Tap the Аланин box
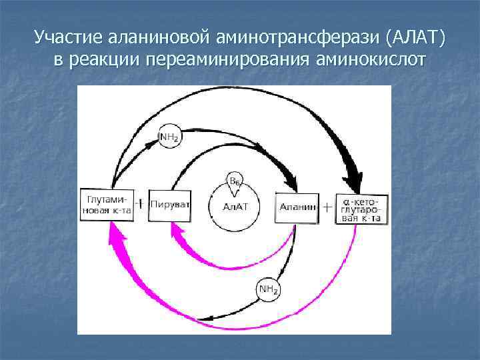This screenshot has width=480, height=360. point(297,207)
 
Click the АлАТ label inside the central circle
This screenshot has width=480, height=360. point(235,207)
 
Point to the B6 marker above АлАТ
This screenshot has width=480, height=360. point(235,181)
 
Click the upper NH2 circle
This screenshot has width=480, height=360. point(168,138)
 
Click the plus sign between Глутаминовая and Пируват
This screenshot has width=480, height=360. point(140,203)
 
